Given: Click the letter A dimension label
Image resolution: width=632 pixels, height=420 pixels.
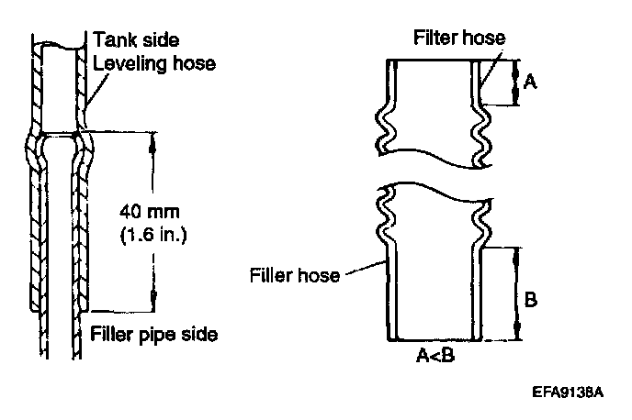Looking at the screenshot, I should pos(529,82).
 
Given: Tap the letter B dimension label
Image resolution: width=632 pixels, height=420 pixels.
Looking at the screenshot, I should pos(531,300).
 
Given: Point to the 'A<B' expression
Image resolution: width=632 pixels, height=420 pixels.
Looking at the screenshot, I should pos(436,354).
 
